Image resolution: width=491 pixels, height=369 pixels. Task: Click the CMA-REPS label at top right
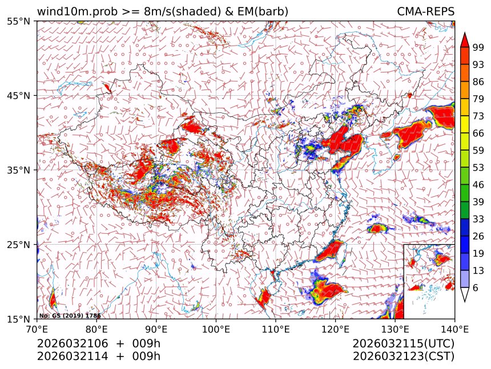coord(425,11)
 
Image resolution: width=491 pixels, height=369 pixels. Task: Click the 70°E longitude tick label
coord(37,329)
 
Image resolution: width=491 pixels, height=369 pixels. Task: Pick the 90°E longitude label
coord(156,329)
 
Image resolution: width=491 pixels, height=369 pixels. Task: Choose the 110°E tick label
coord(275,329)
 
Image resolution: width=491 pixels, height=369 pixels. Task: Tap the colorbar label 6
coord(476,288)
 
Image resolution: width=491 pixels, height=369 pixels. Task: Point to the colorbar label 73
coord(478,116)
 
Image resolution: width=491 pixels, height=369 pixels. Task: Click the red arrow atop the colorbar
coord(465,39)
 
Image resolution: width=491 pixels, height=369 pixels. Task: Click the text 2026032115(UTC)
coord(403,344)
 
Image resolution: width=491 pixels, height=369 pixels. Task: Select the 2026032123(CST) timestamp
coord(403,356)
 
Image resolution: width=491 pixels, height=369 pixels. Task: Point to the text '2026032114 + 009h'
coord(99,356)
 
